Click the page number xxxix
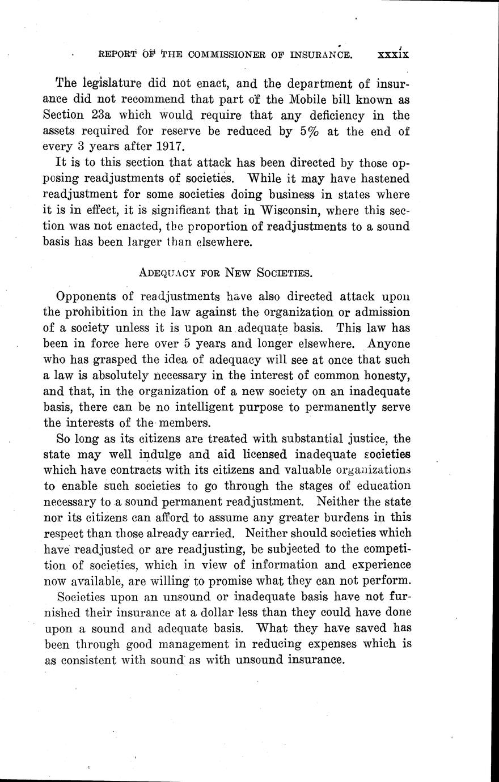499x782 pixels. click(393, 54)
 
